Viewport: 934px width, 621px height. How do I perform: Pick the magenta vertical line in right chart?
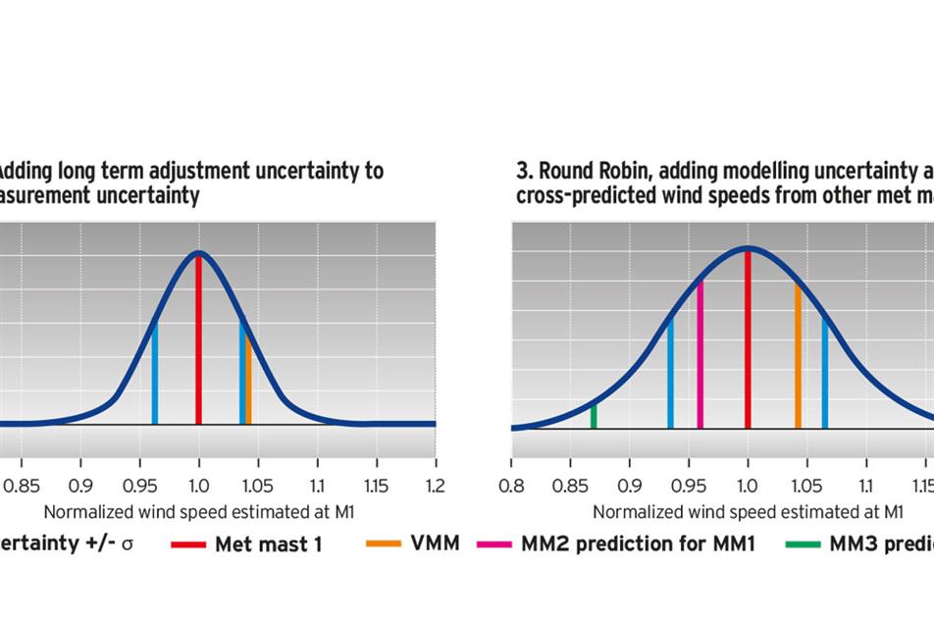(700, 353)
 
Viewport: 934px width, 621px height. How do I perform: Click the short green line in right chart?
(594, 416)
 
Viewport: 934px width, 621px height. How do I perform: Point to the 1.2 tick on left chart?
(435, 486)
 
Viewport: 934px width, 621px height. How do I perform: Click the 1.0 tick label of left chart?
(199, 486)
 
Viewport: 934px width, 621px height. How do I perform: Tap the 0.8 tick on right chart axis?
(511, 486)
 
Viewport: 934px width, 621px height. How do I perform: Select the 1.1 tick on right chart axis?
(865, 486)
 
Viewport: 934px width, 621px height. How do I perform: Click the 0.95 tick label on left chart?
(140, 486)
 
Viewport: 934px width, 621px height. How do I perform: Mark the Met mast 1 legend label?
(268, 544)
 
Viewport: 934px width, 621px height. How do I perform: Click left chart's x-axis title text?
(198, 511)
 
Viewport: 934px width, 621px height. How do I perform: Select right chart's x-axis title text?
(748, 511)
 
